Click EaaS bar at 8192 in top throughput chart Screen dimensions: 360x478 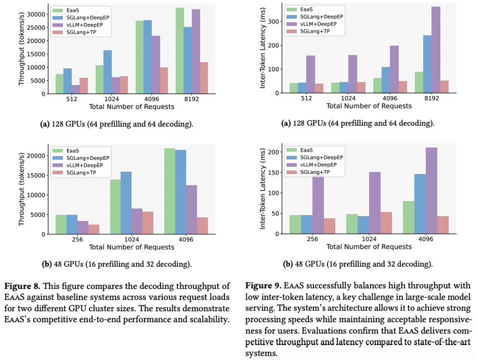(x=180, y=51)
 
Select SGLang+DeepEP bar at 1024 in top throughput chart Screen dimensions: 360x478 (x=108, y=72)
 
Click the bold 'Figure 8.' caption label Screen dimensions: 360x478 (x=22, y=286)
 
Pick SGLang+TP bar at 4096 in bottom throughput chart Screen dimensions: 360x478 (x=202, y=226)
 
